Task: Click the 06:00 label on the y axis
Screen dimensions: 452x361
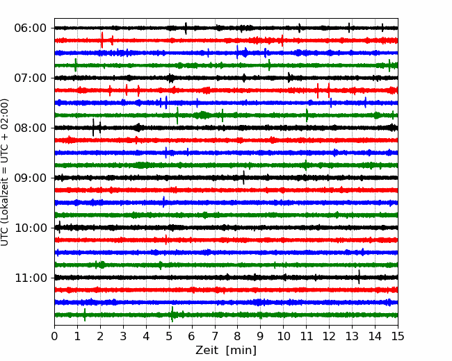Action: point(31,28)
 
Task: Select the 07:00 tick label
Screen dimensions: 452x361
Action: point(31,78)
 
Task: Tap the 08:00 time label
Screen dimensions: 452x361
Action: point(31,128)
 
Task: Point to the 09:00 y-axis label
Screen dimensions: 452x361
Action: point(31,178)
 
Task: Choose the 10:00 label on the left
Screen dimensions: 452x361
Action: point(31,228)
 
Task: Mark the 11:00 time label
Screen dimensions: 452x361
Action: point(31,278)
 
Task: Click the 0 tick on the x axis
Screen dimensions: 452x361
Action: point(54,336)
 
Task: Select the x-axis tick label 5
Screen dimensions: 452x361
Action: point(169,336)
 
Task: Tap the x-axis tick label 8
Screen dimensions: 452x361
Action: point(238,336)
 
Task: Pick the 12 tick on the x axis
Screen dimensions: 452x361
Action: point(329,336)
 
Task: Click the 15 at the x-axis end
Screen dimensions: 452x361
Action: point(398,336)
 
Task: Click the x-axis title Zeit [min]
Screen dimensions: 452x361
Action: point(226,351)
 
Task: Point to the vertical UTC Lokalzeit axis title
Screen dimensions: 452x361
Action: point(5,172)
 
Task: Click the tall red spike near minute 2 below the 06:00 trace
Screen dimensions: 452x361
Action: point(102,40)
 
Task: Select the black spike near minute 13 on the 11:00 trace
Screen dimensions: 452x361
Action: point(359,277)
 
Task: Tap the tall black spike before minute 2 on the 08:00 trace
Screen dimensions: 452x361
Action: point(93,127)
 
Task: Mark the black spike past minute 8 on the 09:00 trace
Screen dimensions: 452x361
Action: point(243,178)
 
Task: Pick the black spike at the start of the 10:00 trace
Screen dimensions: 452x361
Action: point(59,227)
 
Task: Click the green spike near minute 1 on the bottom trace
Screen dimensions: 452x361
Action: point(85,314)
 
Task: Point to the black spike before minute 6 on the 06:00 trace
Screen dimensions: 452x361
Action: point(186,28)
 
